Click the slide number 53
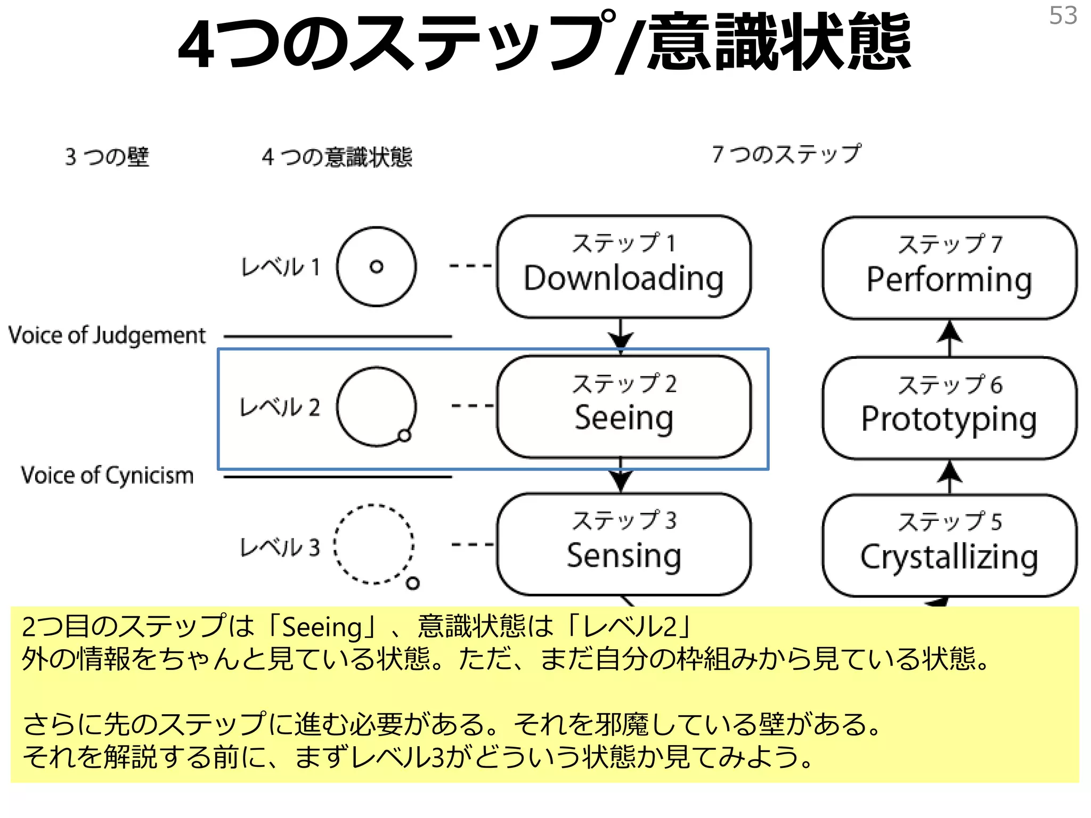[x=1063, y=16]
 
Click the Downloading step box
[x=623, y=267]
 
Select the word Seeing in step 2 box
[x=623, y=418]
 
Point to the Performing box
[x=949, y=268]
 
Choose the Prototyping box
[x=949, y=408]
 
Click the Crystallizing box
[x=949, y=546]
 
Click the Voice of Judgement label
[x=107, y=336]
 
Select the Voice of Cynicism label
[x=107, y=475]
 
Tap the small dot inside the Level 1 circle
[x=377, y=267]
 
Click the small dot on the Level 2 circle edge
[x=405, y=436]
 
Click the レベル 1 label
[x=280, y=267]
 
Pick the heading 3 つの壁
[x=107, y=157]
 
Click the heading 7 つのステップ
[x=786, y=154]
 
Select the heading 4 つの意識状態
[x=337, y=157]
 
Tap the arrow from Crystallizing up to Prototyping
[x=949, y=476]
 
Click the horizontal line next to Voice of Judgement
[x=337, y=337]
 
